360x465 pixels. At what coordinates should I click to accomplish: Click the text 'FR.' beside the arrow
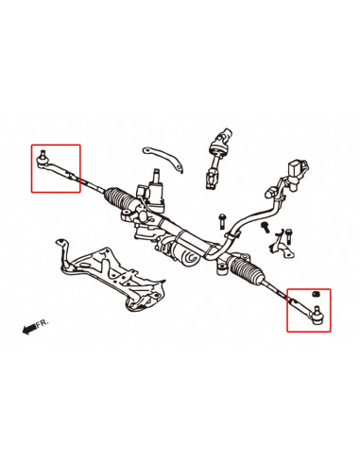(x=42, y=323)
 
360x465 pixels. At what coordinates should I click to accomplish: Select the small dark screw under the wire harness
(x=266, y=227)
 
